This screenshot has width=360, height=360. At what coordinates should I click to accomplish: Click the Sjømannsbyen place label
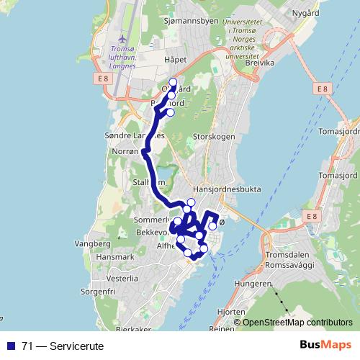pos(192,21)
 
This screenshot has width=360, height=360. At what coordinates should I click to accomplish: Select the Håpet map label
pos(175,59)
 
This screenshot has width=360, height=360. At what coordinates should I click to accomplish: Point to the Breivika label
pos(260,63)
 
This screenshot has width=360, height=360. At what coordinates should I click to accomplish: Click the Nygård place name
pos(305,13)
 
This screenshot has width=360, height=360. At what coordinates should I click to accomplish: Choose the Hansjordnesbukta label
pos(227,189)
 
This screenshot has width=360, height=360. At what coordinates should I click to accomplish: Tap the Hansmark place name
pos(114,256)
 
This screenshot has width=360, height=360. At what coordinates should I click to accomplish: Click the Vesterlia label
pos(122,277)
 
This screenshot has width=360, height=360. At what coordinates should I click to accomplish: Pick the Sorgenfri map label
pos(99,292)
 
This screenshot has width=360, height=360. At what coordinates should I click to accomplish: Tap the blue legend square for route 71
pos(11,346)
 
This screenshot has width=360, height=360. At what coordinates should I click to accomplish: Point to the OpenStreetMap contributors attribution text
pos(297,323)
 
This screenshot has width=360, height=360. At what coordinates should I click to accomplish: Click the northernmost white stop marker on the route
pos(172,81)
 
